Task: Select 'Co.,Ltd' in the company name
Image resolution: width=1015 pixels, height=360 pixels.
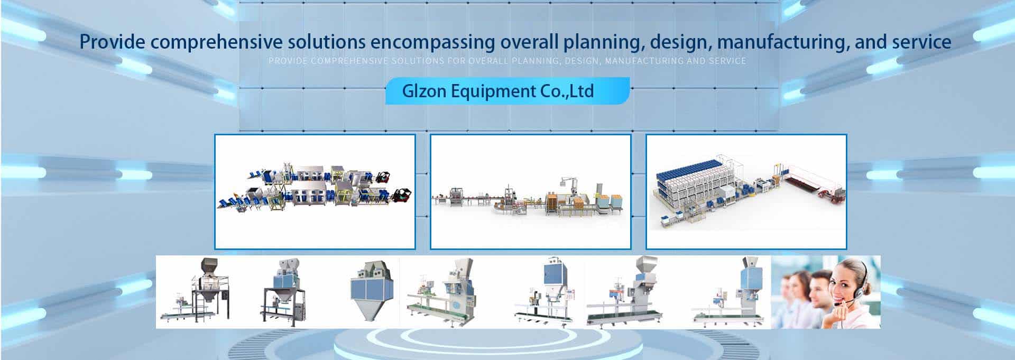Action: [x=567, y=91]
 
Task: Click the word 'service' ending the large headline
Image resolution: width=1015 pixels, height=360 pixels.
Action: [x=921, y=42]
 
